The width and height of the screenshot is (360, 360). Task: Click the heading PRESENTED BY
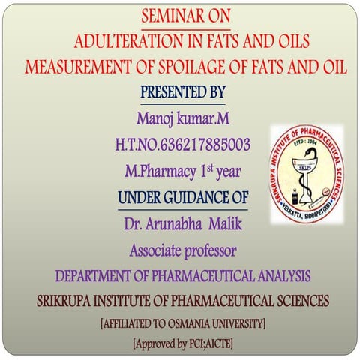click(x=182, y=92)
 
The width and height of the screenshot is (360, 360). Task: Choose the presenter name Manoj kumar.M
click(x=182, y=118)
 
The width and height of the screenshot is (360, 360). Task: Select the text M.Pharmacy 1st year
click(x=182, y=171)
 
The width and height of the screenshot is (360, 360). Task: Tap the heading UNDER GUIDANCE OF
click(x=182, y=198)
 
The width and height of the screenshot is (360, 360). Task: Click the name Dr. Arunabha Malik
click(x=182, y=223)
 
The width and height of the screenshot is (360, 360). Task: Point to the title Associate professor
click(x=182, y=249)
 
